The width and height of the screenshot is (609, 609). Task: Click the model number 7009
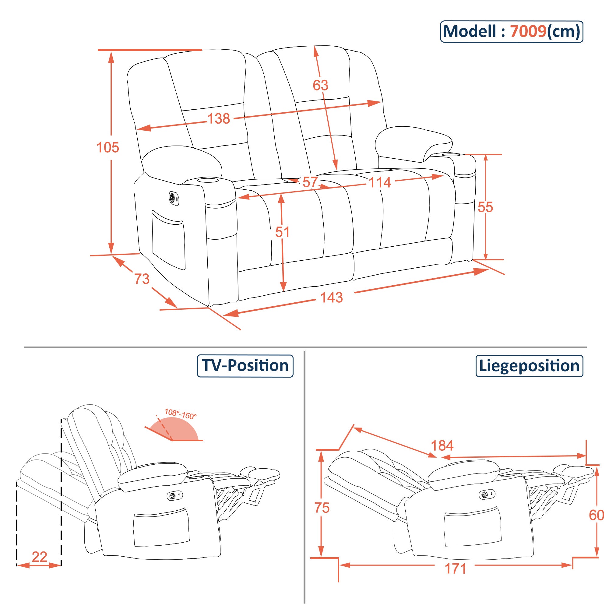(528, 32)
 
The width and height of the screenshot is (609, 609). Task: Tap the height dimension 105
(107, 147)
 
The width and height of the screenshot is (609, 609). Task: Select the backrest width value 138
(218, 119)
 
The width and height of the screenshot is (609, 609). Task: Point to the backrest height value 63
(320, 85)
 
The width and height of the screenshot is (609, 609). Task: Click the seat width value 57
(310, 182)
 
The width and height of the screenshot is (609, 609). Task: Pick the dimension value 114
(379, 182)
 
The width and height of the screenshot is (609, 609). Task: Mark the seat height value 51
(282, 232)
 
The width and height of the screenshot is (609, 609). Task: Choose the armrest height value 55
(485, 207)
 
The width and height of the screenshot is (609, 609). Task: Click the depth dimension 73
(142, 279)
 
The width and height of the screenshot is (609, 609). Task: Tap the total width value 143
(331, 297)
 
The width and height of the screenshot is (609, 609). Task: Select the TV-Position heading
(245, 366)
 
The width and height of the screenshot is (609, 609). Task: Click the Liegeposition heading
(529, 366)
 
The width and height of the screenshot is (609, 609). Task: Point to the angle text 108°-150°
(181, 414)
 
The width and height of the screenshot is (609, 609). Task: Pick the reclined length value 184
(442, 446)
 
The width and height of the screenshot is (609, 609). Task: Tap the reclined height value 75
(322, 508)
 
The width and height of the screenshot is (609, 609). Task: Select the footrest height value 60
(596, 516)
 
